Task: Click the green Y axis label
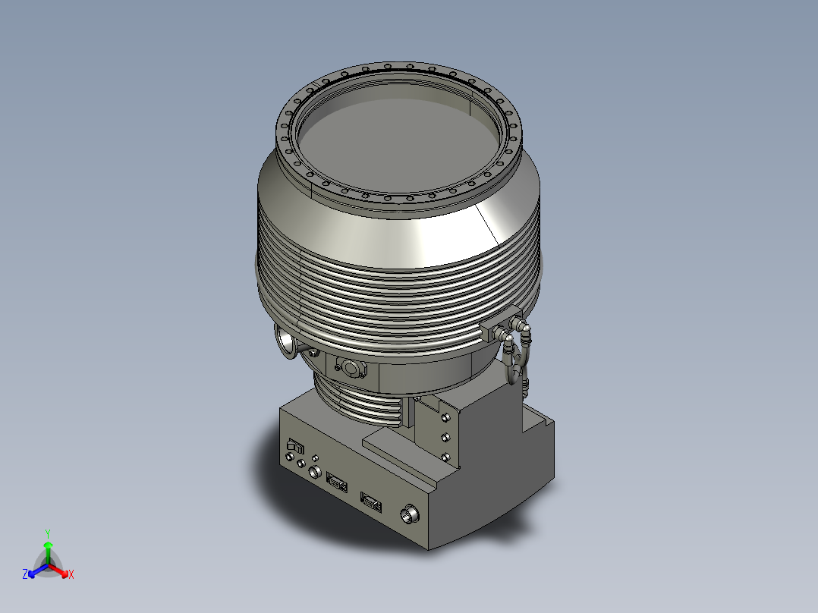tap(47, 533)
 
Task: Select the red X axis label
tap(71, 574)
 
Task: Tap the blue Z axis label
tap(25, 574)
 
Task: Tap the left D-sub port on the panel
tap(335, 479)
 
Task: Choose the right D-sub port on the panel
tap(370, 500)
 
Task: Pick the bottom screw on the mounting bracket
tap(445, 456)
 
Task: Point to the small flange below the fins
tap(350, 369)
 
